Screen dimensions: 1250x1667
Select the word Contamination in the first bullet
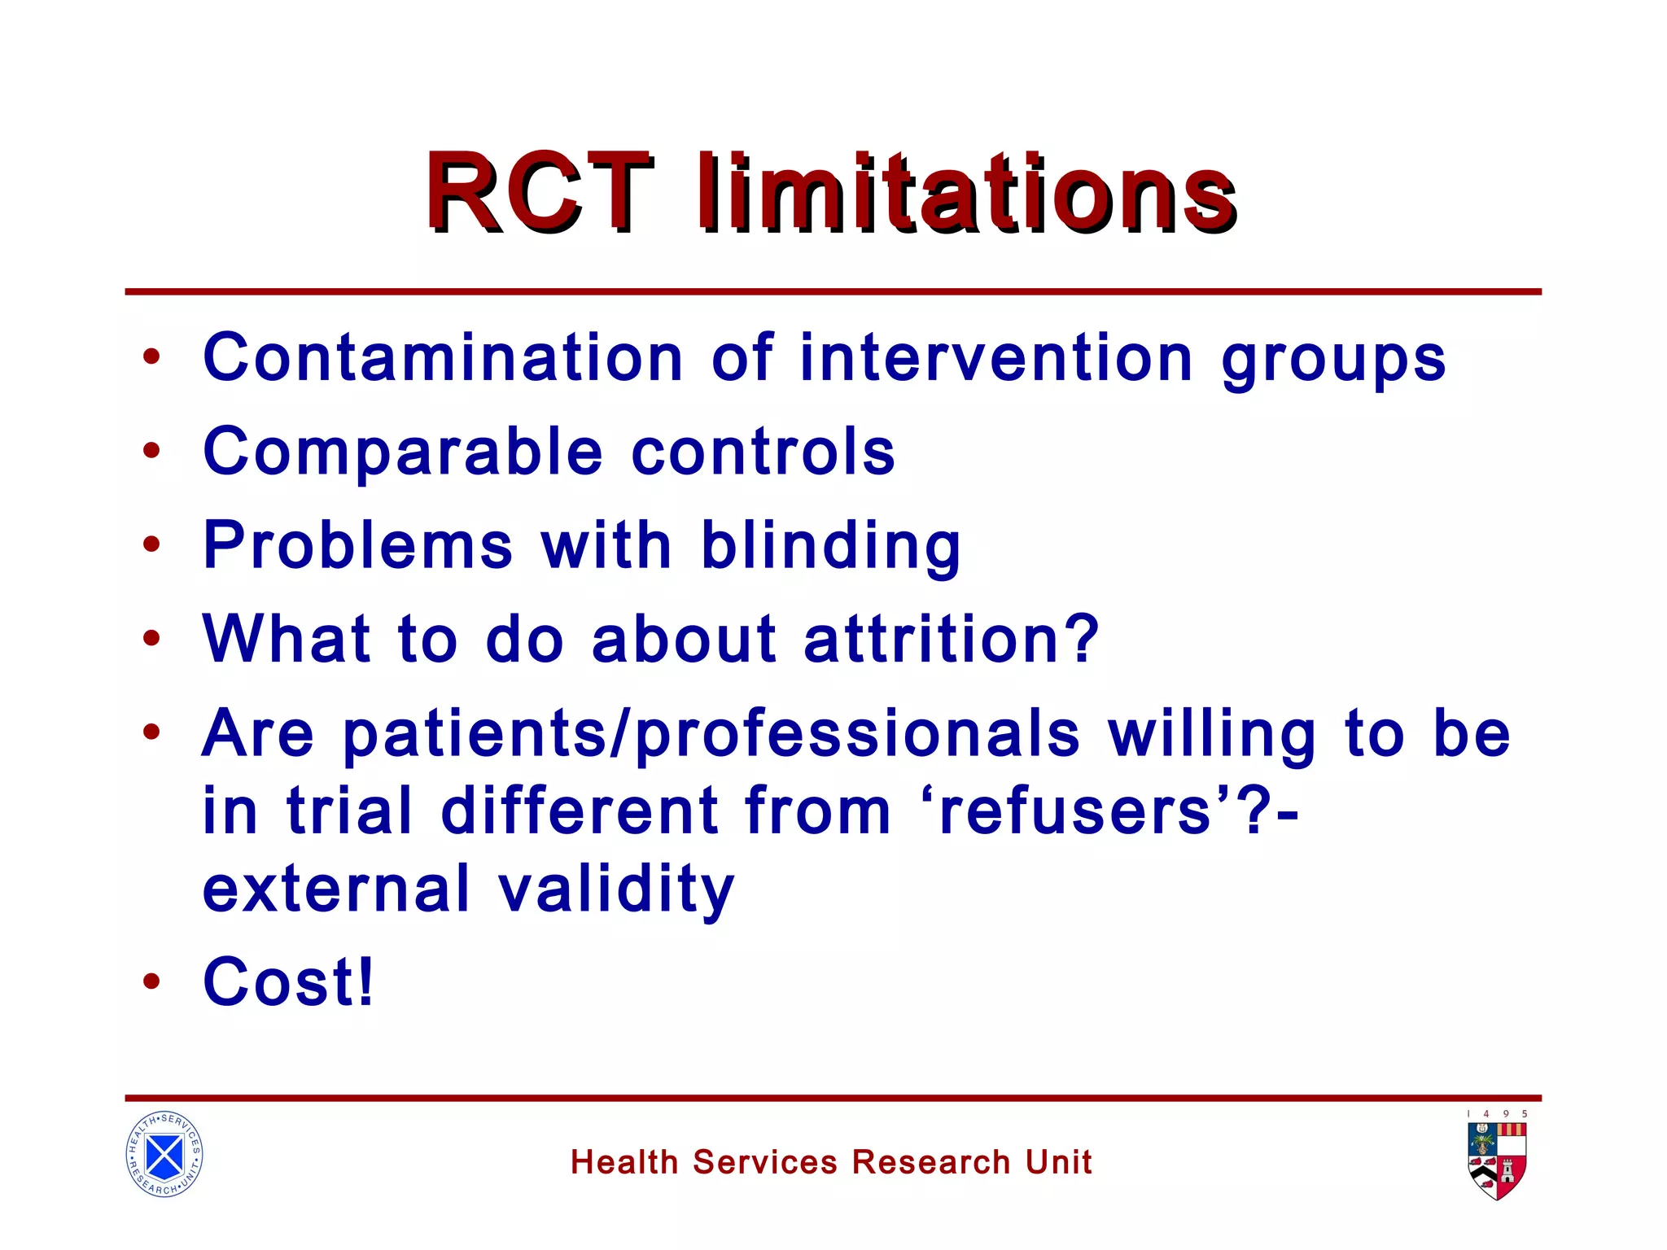tap(444, 358)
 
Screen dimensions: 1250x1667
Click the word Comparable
tap(403, 452)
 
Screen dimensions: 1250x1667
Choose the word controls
tap(763, 452)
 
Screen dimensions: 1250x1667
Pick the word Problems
tap(358, 545)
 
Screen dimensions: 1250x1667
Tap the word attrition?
tap(952, 640)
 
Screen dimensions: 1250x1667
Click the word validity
tap(616, 890)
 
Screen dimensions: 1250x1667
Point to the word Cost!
tap(288, 982)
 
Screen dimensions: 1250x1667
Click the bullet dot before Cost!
tap(151, 982)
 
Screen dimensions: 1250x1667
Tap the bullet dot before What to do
tap(151, 639)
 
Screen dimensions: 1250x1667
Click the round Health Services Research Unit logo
tap(164, 1154)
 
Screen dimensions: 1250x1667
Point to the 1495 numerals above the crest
tap(1497, 1114)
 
